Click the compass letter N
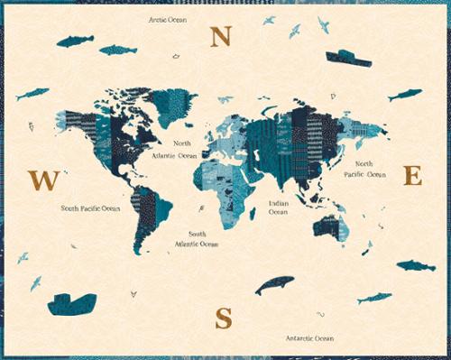click(221, 36)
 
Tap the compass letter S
click(223, 318)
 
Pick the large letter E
click(412, 175)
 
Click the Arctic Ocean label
click(169, 18)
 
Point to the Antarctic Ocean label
click(309, 338)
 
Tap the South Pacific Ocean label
click(90, 208)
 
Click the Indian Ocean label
click(278, 208)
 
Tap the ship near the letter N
click(347, 58)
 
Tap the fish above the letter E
click(404, 95)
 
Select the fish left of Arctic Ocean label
click(75, 41)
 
